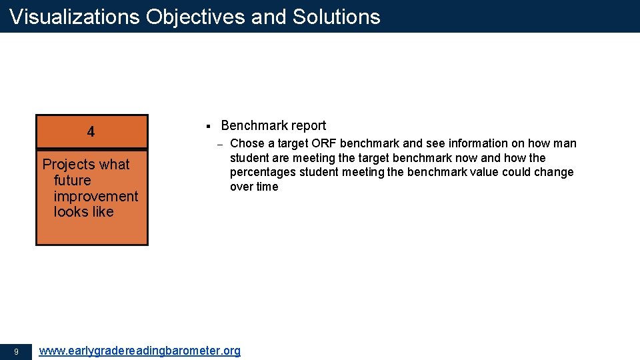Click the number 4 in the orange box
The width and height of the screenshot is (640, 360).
(x=91, y=132)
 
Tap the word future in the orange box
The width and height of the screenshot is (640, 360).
(x=72, y=181)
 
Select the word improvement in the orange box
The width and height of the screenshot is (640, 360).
(x=96, y=197)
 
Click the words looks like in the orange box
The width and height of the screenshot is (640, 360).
(x=83, y=212)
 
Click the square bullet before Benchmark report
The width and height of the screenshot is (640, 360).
(x=208, y=126)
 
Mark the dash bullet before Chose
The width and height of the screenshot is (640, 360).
(x=219, y=144)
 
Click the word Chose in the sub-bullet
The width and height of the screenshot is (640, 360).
(x=247, y=143)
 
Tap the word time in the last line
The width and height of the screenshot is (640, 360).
(x=267, y=187)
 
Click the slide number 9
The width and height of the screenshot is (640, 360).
(x=16, y=351)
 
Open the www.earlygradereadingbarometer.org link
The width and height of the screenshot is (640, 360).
(x=140, y=351)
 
